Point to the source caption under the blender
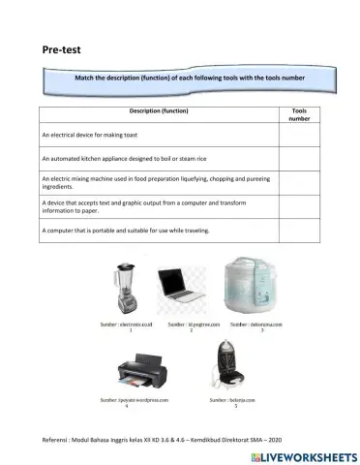[x=130, y=325]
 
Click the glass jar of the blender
[x=128, y=276]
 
